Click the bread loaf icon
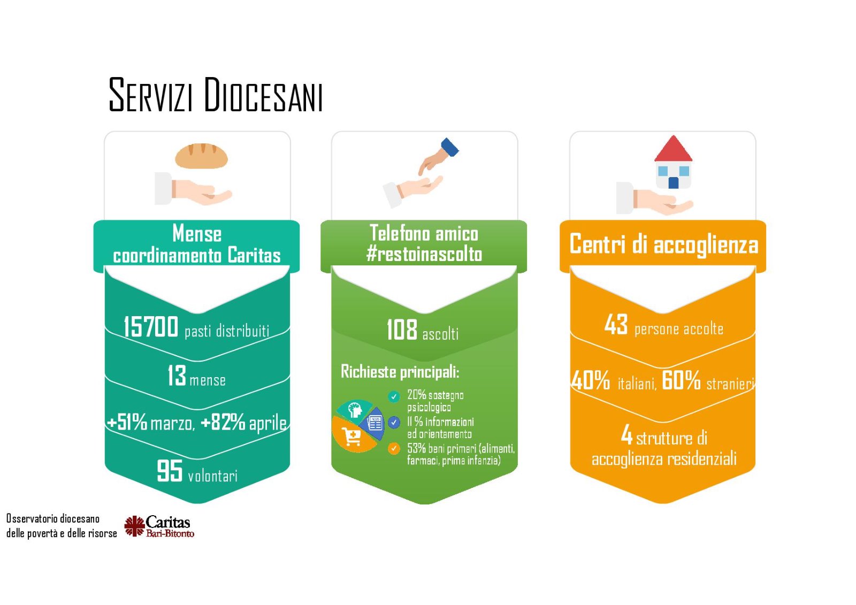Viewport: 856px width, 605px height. [x=201, y=156]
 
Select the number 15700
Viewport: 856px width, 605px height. [x=150, y=327]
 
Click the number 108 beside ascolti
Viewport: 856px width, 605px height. [x=402, y=330]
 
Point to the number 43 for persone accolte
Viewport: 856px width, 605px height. [x=616, y=325]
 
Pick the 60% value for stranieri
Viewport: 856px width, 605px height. [x=681, y=380]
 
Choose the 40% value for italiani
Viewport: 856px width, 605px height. [x=591, y=380]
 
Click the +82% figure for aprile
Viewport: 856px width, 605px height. [x=223, y=422]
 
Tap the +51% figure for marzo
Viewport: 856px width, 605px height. [x=127, y=422]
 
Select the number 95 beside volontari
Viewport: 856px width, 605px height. [x=170, y=471]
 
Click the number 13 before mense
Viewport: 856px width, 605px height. [x=177, y=376]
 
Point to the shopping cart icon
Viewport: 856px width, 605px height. [x=351, y=436]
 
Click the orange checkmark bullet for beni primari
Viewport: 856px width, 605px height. [x=394, y=448]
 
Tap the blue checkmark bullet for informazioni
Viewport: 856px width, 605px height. [x=394, y=422]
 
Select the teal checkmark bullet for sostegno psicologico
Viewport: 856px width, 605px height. [x=394, y=396]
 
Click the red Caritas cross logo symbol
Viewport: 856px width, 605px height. [x=134, y=526]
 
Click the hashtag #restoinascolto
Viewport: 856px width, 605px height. [x=424, y=254]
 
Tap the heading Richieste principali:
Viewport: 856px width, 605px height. [x=400, y=371]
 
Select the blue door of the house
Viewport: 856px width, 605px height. [x=673, y=183]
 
